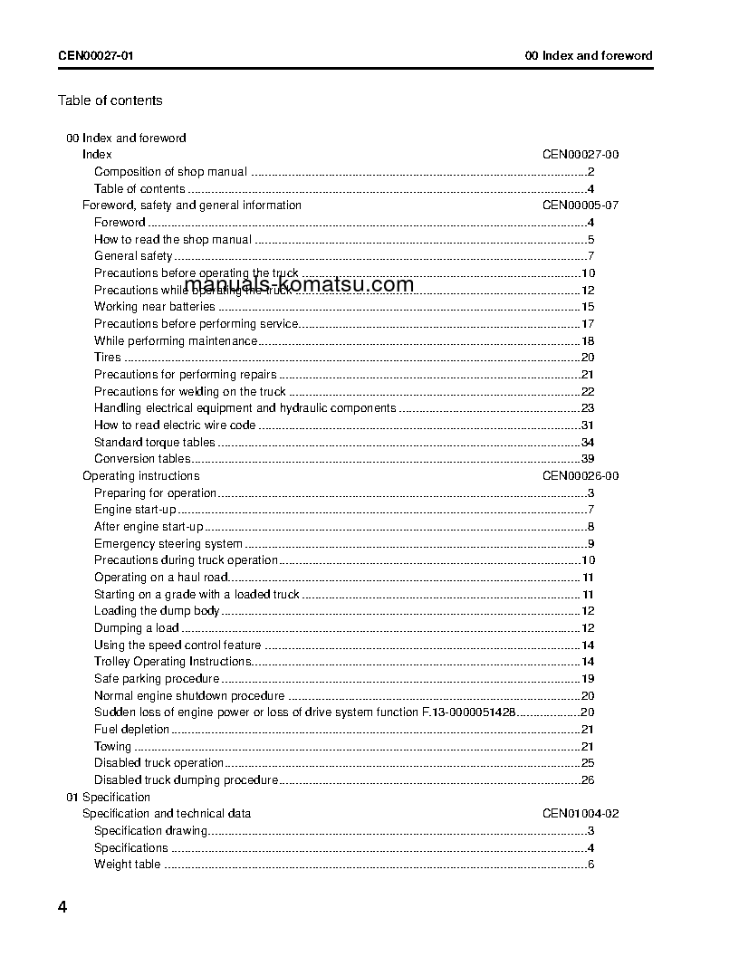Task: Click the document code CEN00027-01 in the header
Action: pyautogui.click(x=97, y=55)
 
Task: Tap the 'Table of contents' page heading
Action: pyautogui.click(x=110, y=100)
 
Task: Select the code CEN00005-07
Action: pyautogui.click(x=581, y=206)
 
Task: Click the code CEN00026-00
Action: pyautogui.click(x=581, y=476)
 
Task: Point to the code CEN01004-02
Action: pyautogui.click(x=581, y=814)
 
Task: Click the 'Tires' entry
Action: pyautogui.click(x=108, y=358)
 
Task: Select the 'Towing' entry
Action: pyautogui.click(x=112, y=747)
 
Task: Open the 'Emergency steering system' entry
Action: pyautogui.click(x=168, y=544)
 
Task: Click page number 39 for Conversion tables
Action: pyautogui.click(x=587, y=459)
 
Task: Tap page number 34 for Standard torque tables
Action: pyautogui.click(x=587, y=443)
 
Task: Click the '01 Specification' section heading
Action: pyautogui.click(x=108, y=798)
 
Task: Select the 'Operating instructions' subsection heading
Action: pyautogui.click(x=140, y=476)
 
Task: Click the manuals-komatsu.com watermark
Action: pyautogui.click(x=299, y=284)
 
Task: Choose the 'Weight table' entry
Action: pyautogui.click(x=127, y=865)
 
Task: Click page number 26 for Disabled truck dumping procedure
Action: pyautogui.click(x=587, y=780)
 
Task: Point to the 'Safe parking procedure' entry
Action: pyautogui.click(x=157, y=679)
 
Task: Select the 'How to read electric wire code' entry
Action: pyautogui.click(x=175, y=425)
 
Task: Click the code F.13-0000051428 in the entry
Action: pyautogui.click(x=469, y=713)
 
